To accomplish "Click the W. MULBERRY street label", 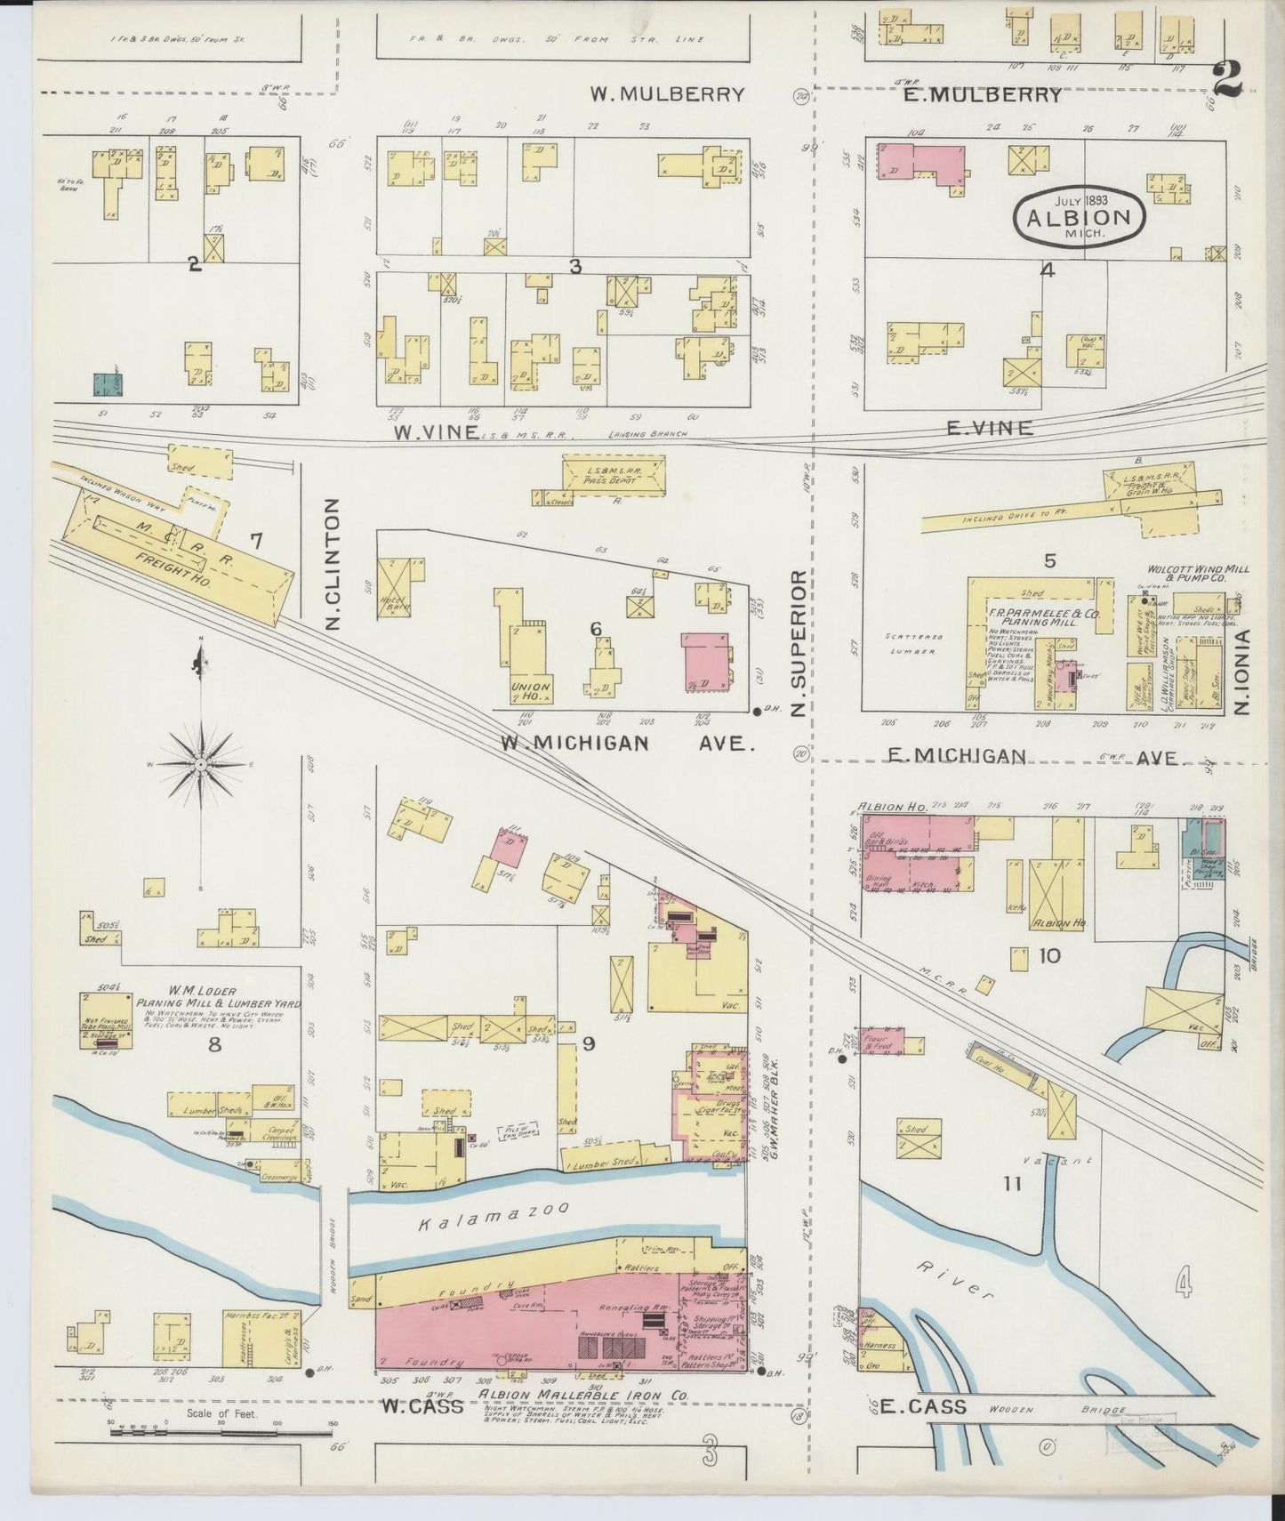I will point(668,94).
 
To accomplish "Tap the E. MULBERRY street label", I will point(982,94).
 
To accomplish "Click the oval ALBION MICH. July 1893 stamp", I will point(1079,216).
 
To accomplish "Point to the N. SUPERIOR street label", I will point(798,644).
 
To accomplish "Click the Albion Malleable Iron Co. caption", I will point(584,1396).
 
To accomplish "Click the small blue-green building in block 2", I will point(107,383).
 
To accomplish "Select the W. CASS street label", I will point(422,1406).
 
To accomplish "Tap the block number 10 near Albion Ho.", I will point(1048,956).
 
